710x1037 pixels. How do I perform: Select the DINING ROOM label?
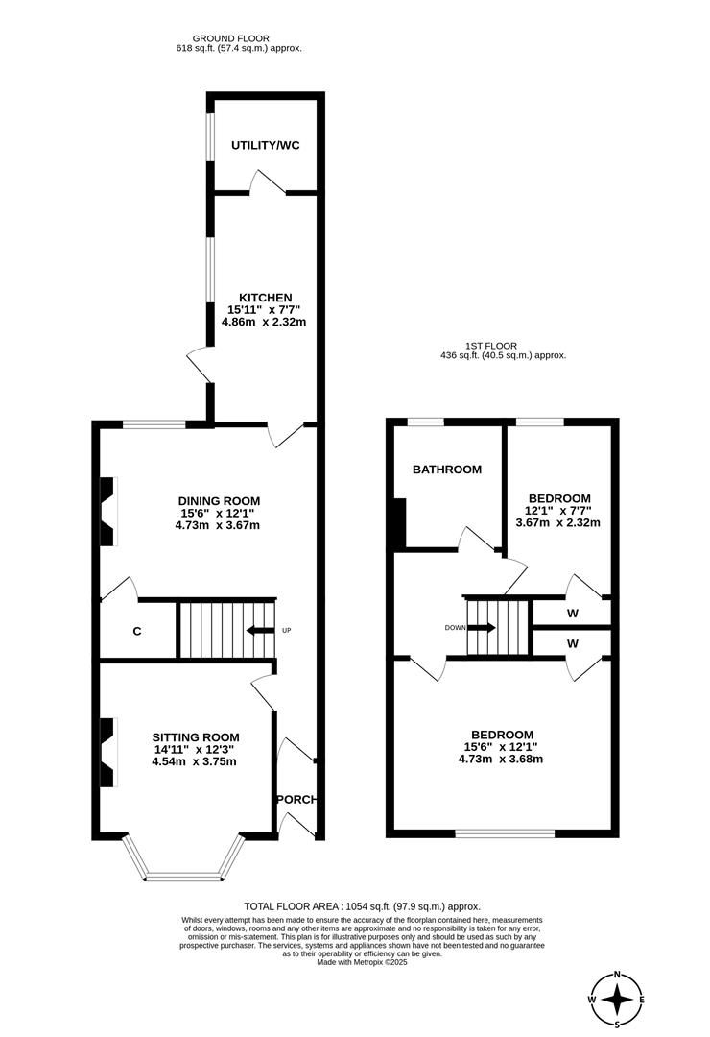coord(219,500)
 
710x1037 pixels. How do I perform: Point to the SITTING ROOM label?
coord(194,736)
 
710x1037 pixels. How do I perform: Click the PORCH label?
coord(296,799)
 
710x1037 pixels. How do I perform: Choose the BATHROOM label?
coord(446,470)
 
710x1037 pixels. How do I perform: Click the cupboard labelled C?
coord(137,632)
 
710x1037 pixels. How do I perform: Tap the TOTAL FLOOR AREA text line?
coord(362,906)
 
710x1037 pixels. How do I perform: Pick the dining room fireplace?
coord(107,511)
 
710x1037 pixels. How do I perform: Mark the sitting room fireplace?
coord(107,752)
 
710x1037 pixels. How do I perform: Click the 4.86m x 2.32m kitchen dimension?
coord(263,323)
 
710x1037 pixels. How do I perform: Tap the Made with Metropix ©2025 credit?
coord(362,962)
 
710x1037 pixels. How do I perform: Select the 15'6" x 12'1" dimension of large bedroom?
coord(501,746)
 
